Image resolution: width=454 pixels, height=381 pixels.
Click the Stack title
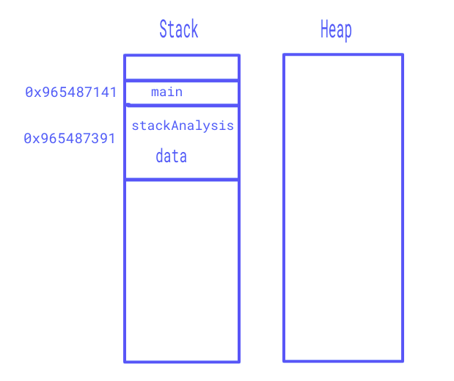tap(179, 29)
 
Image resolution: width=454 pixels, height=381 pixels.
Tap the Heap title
tap(336, 30)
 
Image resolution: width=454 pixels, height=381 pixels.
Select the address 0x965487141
tap(70, 92)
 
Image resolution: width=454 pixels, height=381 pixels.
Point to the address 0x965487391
tap(70, 138)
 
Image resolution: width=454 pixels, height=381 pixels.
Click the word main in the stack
tap(166, 92)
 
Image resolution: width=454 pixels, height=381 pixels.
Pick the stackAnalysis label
tap(183, 126)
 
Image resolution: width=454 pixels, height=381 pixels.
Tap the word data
tap(171, 156)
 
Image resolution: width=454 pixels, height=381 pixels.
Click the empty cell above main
tap(182, 68)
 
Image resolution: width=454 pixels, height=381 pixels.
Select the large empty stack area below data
tap(182, 271)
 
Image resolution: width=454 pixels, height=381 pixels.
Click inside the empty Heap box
tap(343, 208)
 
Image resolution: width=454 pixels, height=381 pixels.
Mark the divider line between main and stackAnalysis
tap(182, 105)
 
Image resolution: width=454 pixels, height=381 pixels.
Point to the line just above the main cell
tap(182, 80)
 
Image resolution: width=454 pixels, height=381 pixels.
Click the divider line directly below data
tap(182, 180)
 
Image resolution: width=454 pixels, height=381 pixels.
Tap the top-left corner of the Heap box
tap(284, 55)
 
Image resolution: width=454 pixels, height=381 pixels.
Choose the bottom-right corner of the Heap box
tap(403, 361)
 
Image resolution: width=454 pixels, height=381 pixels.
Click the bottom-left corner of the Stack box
tap(125, 362)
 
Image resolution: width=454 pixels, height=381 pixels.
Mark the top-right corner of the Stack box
tap(239, 55)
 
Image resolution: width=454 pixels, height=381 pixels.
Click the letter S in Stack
tap(164, 29)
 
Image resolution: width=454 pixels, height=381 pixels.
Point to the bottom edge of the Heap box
tap(343, 361)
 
